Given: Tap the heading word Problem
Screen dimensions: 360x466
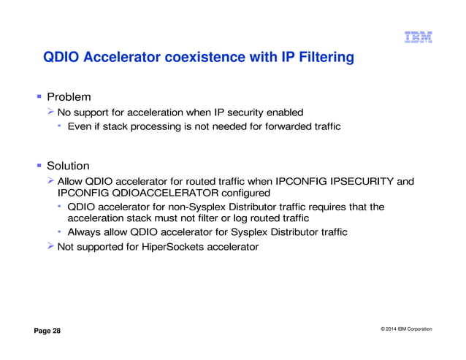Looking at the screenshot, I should (69, 96).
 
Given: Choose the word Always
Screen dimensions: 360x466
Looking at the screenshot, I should (84, 232).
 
